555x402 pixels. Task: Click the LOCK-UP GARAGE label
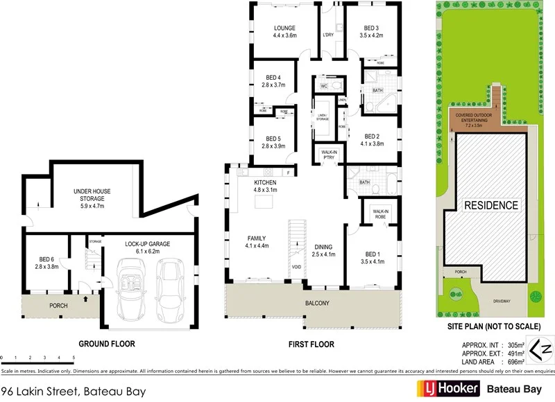tap(147, 244)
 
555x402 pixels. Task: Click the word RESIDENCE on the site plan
tap(491, 205)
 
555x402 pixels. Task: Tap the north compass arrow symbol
tap(540, 348)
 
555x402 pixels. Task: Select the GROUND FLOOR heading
tap(107, 344)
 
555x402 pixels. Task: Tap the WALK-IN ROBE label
tap(380, 213)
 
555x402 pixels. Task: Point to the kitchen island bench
tap(264, 202)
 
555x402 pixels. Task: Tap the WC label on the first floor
tap(323, 86)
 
